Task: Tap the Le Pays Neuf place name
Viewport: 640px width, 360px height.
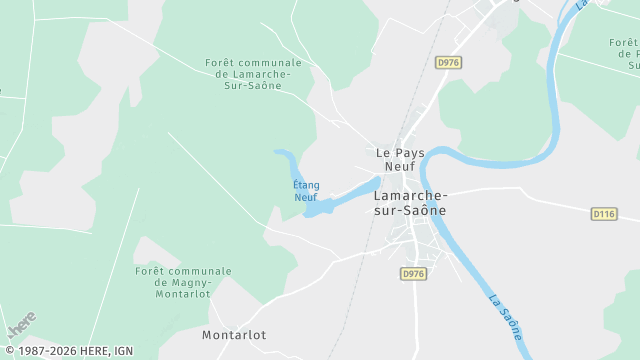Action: tap(400, 160)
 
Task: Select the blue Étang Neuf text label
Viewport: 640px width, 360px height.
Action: tap(306, 191)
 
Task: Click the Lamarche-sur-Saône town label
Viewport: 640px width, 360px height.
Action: tap(410, 203)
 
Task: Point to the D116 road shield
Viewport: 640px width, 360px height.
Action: tap(603, 214)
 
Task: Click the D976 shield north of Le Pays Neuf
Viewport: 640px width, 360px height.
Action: tap(447, 62)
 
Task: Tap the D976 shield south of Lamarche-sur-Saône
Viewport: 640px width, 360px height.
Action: tap(413, 273)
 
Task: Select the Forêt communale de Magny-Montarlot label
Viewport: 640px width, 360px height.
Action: tap(183, 282)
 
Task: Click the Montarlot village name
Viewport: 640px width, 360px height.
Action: tap(234, 335)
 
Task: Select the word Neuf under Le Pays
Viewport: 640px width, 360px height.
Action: tap(400, 167)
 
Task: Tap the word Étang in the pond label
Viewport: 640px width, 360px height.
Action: tap(306, 185)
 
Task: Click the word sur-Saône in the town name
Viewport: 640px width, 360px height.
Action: tap(410, 211)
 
